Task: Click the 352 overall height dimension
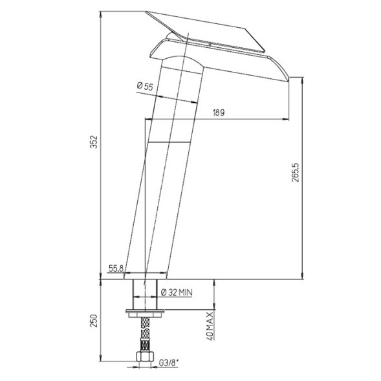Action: [x=94, y=142]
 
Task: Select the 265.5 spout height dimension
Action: [x=296, y=173]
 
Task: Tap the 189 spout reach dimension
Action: [x=219, y=113]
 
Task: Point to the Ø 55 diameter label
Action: [x=145, y=86]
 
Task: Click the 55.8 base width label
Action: [x=116, y=268]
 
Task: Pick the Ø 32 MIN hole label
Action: [x=177, y=292]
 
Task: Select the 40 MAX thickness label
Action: [x=210, y=326]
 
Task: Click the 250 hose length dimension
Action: [x=94, y=321]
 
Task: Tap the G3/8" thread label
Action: [x=169, y=363]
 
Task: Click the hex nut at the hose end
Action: [x=145, y=357]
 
